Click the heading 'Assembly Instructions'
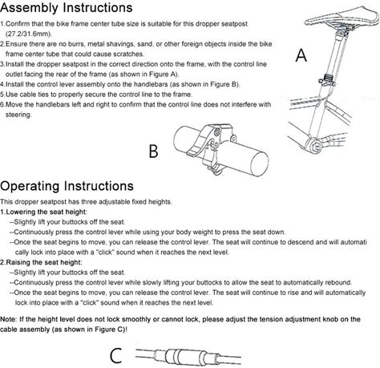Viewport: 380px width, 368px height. coord(67,7)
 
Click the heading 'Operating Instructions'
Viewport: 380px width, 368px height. coord(67,186)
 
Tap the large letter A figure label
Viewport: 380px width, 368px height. coord(301,55)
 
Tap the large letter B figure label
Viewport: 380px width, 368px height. coord(153,152)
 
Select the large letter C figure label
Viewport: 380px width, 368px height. coord(116,355)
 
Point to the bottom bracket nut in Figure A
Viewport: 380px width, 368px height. coord(316,147)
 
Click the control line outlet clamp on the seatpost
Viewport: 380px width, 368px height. coord(327,81)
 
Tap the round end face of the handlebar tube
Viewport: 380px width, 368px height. coord(259,164)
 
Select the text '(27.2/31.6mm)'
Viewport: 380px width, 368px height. coord(29,34)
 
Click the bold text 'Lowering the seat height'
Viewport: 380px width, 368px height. coord(46,212)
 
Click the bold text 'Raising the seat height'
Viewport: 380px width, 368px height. coord(43,262)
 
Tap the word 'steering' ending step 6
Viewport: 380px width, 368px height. coord(18,115)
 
